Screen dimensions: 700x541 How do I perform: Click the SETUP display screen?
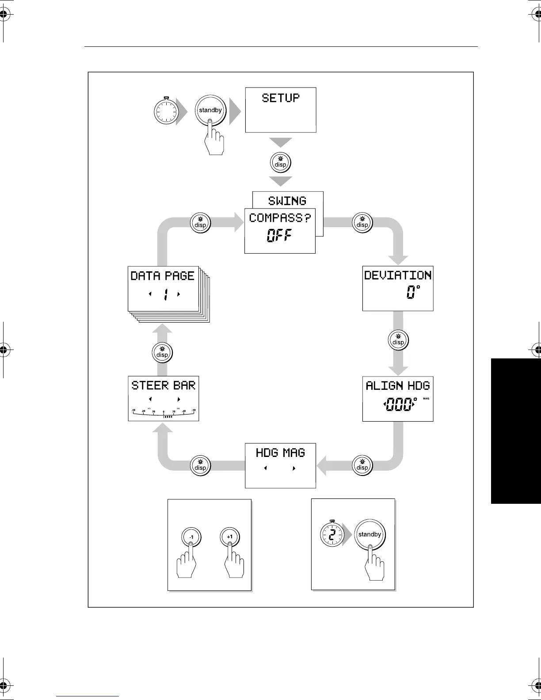coord(281,110)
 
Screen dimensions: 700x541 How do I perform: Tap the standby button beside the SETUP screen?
coord(210,110)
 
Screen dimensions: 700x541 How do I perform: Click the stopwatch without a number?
coord(166,112)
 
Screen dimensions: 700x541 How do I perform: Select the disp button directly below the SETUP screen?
coord(281,163)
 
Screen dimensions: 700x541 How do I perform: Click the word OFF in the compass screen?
coord(279,236)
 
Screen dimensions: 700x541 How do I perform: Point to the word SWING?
coord(287,201)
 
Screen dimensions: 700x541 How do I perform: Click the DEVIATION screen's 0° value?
coord(413,292)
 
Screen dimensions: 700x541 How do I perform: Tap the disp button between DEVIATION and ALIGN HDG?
coord(398,340)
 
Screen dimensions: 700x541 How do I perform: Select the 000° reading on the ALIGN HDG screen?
coord(400,404)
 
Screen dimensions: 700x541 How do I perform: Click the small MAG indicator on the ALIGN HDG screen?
coord(426,399)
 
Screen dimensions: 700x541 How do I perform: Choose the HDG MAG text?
coord(280,453)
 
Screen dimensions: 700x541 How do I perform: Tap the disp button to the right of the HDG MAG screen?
coord(362,466)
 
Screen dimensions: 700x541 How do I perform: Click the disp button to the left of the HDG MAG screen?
coord(200,466)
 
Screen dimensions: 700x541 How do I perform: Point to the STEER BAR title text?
coord(163,386)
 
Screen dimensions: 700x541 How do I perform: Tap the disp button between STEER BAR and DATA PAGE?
coord(162,353)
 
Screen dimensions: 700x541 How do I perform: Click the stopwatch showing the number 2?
coord(332,534)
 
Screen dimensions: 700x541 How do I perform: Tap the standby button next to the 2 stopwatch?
coord(370,535)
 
